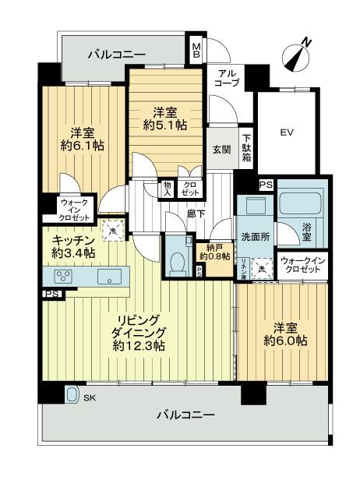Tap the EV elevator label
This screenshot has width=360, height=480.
click(x=286, y=131)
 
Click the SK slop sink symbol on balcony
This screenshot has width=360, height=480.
click(x=72, y=394)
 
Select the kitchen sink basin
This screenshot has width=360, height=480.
click(x=108, y=276)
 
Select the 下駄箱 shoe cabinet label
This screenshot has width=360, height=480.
click(x=246, y=145)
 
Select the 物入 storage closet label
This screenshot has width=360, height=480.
click(x=167, y=188)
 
